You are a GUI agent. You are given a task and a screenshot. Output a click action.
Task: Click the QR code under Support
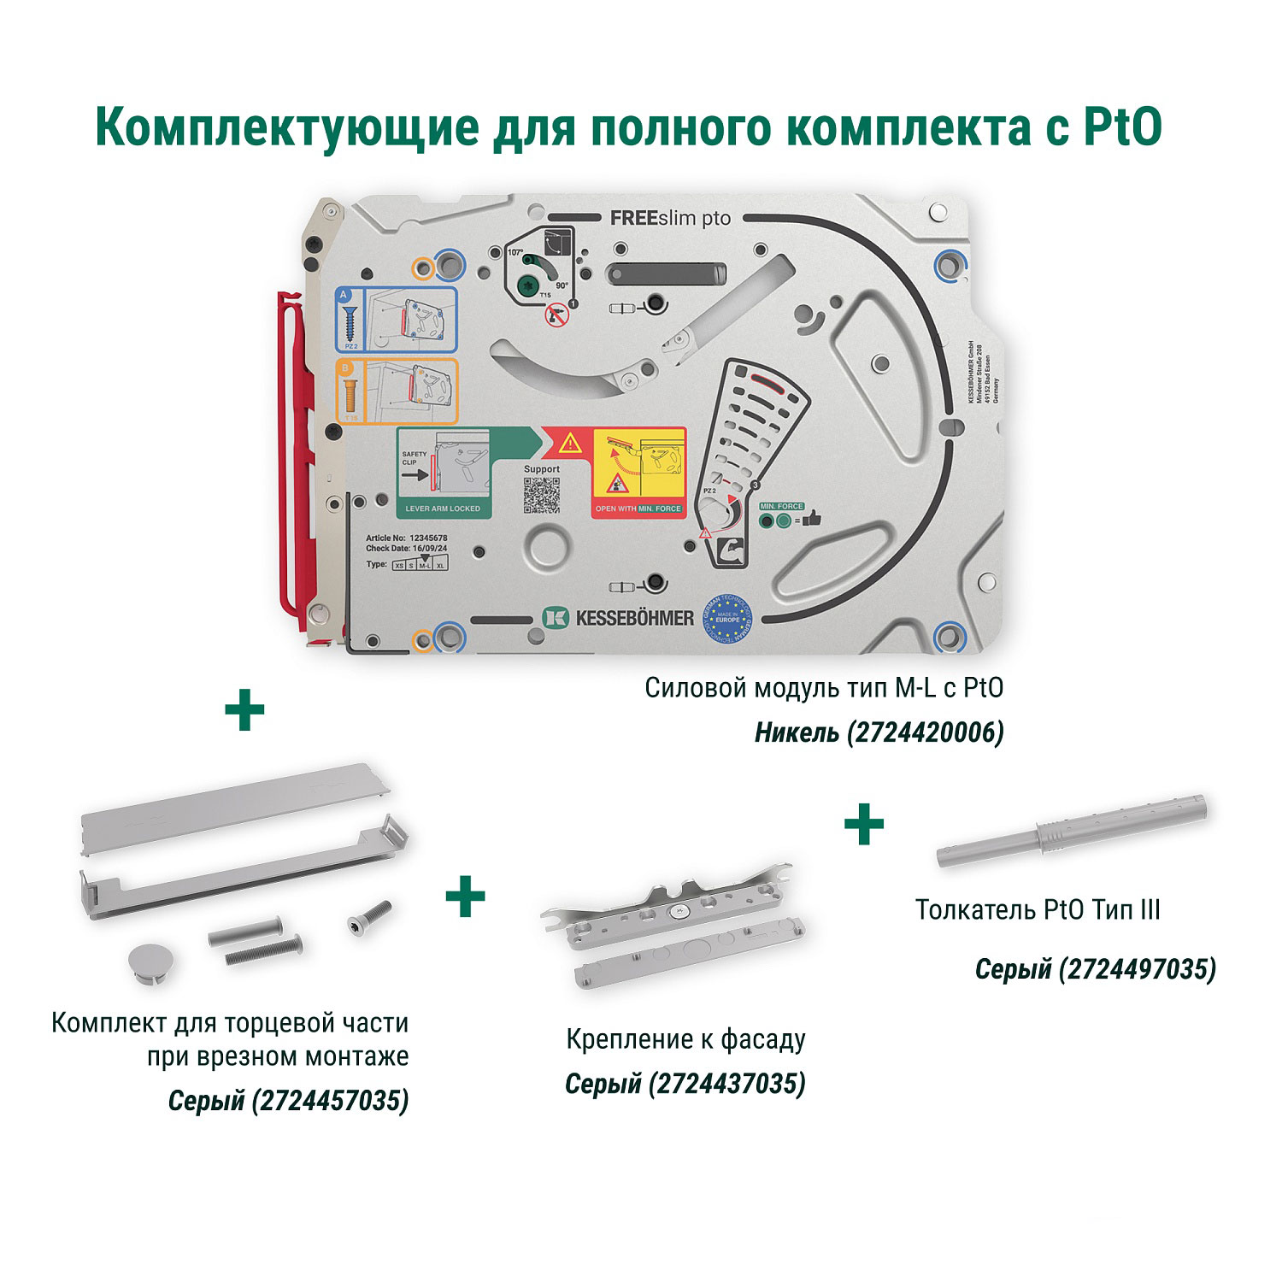[x=541, y=495]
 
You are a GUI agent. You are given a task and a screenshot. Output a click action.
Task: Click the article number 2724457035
[x=330, y=1100]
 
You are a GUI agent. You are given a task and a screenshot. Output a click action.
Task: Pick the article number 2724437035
[x=726, y=1084]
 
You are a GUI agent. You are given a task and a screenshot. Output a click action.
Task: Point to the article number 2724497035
[x=1137, y=969]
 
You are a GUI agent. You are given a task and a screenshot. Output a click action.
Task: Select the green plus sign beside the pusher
[x=864, y=824]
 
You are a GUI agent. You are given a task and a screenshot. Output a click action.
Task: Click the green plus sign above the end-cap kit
[x=244, y=711]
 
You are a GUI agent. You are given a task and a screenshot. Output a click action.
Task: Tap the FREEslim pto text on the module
[x=670, y=219]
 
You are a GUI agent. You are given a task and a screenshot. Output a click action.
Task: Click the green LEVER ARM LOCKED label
[x=443, y=509]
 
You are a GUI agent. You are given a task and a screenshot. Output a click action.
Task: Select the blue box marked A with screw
[x=395, y=320]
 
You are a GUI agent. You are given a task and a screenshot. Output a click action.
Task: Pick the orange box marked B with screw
[x=395, y=391]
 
